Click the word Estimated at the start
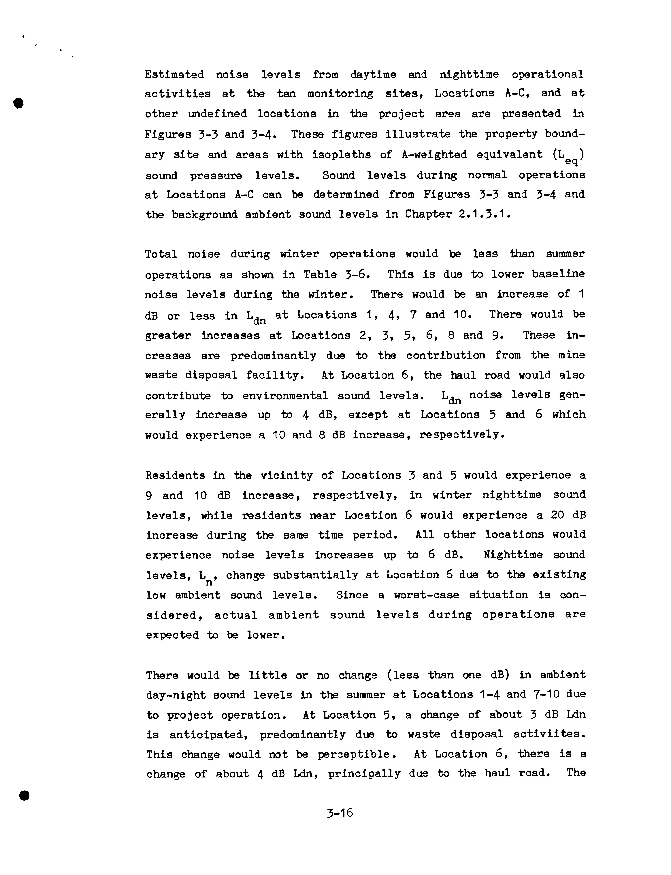(x=174, y=75)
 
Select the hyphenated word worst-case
(x=426, y=595)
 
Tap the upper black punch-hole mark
(x=18, y=103)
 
